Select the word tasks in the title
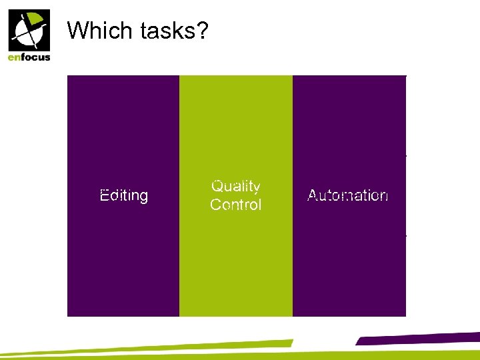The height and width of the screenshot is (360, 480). tap(167, 30)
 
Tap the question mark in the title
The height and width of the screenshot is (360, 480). tap(201, 30)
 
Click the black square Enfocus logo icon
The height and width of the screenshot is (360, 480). tap(29, 31)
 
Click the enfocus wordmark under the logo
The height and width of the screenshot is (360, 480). tap(29, 57)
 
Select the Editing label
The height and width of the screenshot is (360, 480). tap(123, 195)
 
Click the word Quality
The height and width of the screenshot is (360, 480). tap(235, 187)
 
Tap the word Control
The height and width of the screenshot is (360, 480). tap(235, 205)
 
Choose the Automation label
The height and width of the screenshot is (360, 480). tap(347, 195)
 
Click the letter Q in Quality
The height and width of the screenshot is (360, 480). tap(217, 186)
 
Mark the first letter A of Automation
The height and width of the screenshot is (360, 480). tap(312, 195)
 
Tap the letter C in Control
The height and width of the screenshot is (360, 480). tap(215, 205)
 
